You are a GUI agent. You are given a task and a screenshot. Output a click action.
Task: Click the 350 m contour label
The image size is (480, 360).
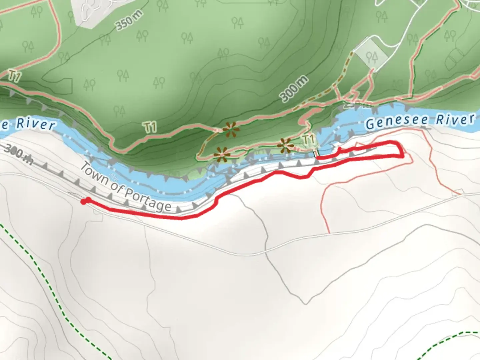130,20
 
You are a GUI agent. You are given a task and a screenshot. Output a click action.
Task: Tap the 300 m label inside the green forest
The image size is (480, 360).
294,89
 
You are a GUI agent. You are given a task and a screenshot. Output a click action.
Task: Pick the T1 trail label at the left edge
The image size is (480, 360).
14,76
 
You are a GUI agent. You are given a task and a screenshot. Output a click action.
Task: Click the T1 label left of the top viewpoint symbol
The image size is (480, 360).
150,127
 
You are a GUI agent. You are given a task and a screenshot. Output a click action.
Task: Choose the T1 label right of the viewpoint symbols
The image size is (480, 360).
308,139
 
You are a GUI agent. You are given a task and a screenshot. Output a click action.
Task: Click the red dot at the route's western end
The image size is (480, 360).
84,201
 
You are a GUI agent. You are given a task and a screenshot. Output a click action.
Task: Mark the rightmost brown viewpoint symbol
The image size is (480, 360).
285,145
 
